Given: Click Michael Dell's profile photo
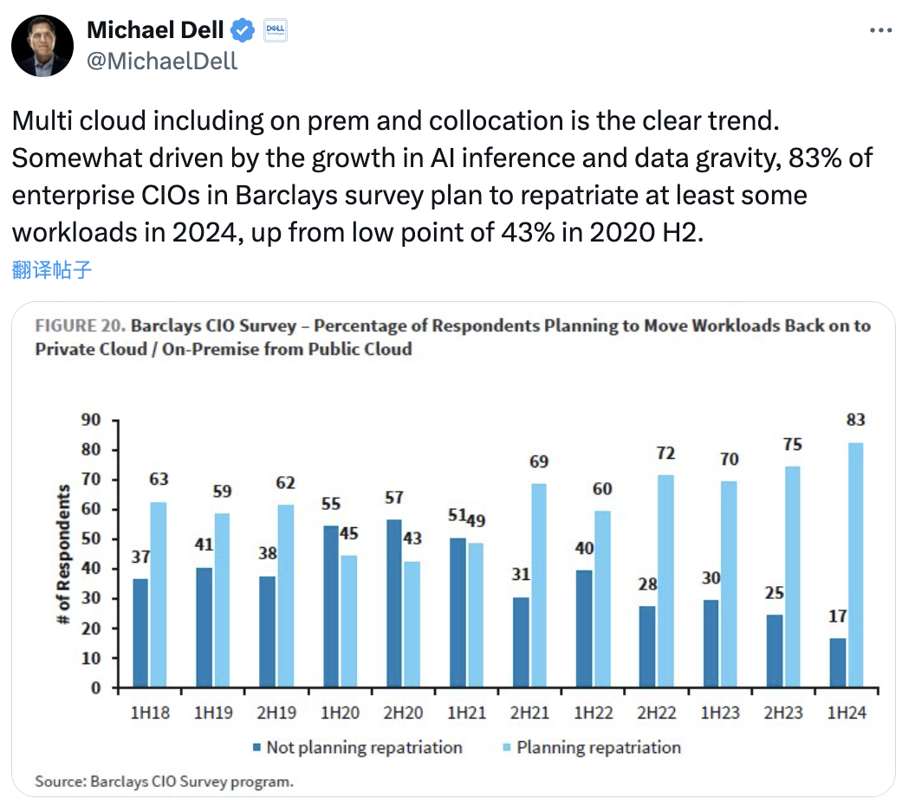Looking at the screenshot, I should point(42,45).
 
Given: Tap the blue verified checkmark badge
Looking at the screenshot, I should point(243,31).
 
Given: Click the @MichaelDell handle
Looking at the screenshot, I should point(162,61).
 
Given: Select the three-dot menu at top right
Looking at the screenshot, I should point(879,29).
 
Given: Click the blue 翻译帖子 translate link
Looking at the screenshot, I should point(52,269).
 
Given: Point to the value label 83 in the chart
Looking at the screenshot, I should point(855,420).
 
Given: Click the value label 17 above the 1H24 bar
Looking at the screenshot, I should point(836,616).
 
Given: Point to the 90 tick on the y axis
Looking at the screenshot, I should point(90,420).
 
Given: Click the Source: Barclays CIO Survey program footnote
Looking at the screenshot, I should point(164,781).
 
